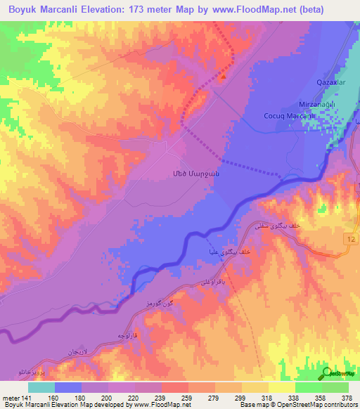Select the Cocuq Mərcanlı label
click(287, 116)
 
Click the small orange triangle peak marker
click(224, 78)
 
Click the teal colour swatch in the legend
click(41, 387)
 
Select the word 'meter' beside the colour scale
click(11, 397)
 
